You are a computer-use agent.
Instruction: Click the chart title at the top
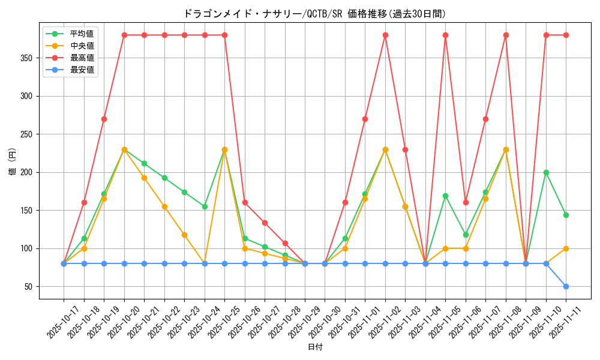[x=314, y=14]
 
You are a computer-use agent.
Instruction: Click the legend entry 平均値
[x=82, y=34]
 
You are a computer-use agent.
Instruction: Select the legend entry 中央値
[x=82, y=46]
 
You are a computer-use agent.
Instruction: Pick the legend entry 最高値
[x=82, y=58]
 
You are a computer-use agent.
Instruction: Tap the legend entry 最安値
[x=82, y=70]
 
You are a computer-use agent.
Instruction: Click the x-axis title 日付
[x=315, y=347]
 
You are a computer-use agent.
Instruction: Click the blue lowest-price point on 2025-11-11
[x=566, y=286]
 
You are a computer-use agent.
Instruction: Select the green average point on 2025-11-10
[x=546, y=172]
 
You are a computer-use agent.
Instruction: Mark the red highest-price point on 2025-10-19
[x=104, y=119]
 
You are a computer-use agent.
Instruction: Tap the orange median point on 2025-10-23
[x=184, y=235]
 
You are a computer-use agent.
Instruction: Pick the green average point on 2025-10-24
[x=205, y=206]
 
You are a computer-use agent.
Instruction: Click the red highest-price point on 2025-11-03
[x=405, y=149]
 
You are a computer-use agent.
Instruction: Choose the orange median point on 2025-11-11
[x=566, y=248]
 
